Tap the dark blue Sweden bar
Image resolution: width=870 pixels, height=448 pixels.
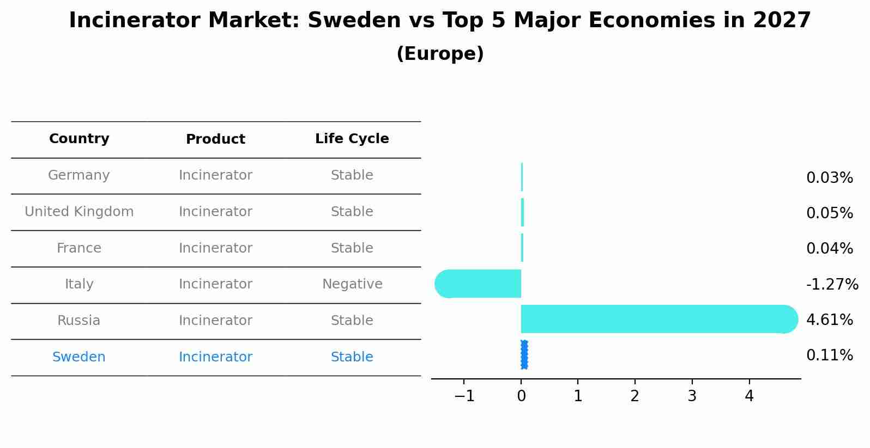(x=524, y=355)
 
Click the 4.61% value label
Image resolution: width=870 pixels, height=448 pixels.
(x=829, y=320)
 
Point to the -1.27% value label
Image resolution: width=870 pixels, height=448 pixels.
(x=832, y=284)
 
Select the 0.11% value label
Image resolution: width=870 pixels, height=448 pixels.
(x=829, y=355)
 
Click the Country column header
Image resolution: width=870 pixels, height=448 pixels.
(x=79, y=139)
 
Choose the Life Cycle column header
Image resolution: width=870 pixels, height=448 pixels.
(x=352, y=139)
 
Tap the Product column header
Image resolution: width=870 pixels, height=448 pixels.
(x=215, y=139)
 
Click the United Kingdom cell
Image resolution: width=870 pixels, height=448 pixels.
(x=79, y=212)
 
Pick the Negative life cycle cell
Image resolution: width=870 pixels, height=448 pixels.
(x=352, y=284)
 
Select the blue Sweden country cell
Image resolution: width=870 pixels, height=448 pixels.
(x=79, y=357)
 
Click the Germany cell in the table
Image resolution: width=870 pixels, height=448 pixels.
(x=79, y=175)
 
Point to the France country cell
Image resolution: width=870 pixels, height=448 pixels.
(x=79, y=248)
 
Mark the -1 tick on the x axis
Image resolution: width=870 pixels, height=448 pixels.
(x=464, y=396)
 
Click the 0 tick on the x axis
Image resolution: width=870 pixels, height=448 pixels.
(x=521, y=396)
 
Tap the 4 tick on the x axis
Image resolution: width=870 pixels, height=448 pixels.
(x=749, y=396)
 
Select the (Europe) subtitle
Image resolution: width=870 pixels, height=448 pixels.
(x=440, y=54)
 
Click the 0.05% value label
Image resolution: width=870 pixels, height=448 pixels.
(x=829, y=213)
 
